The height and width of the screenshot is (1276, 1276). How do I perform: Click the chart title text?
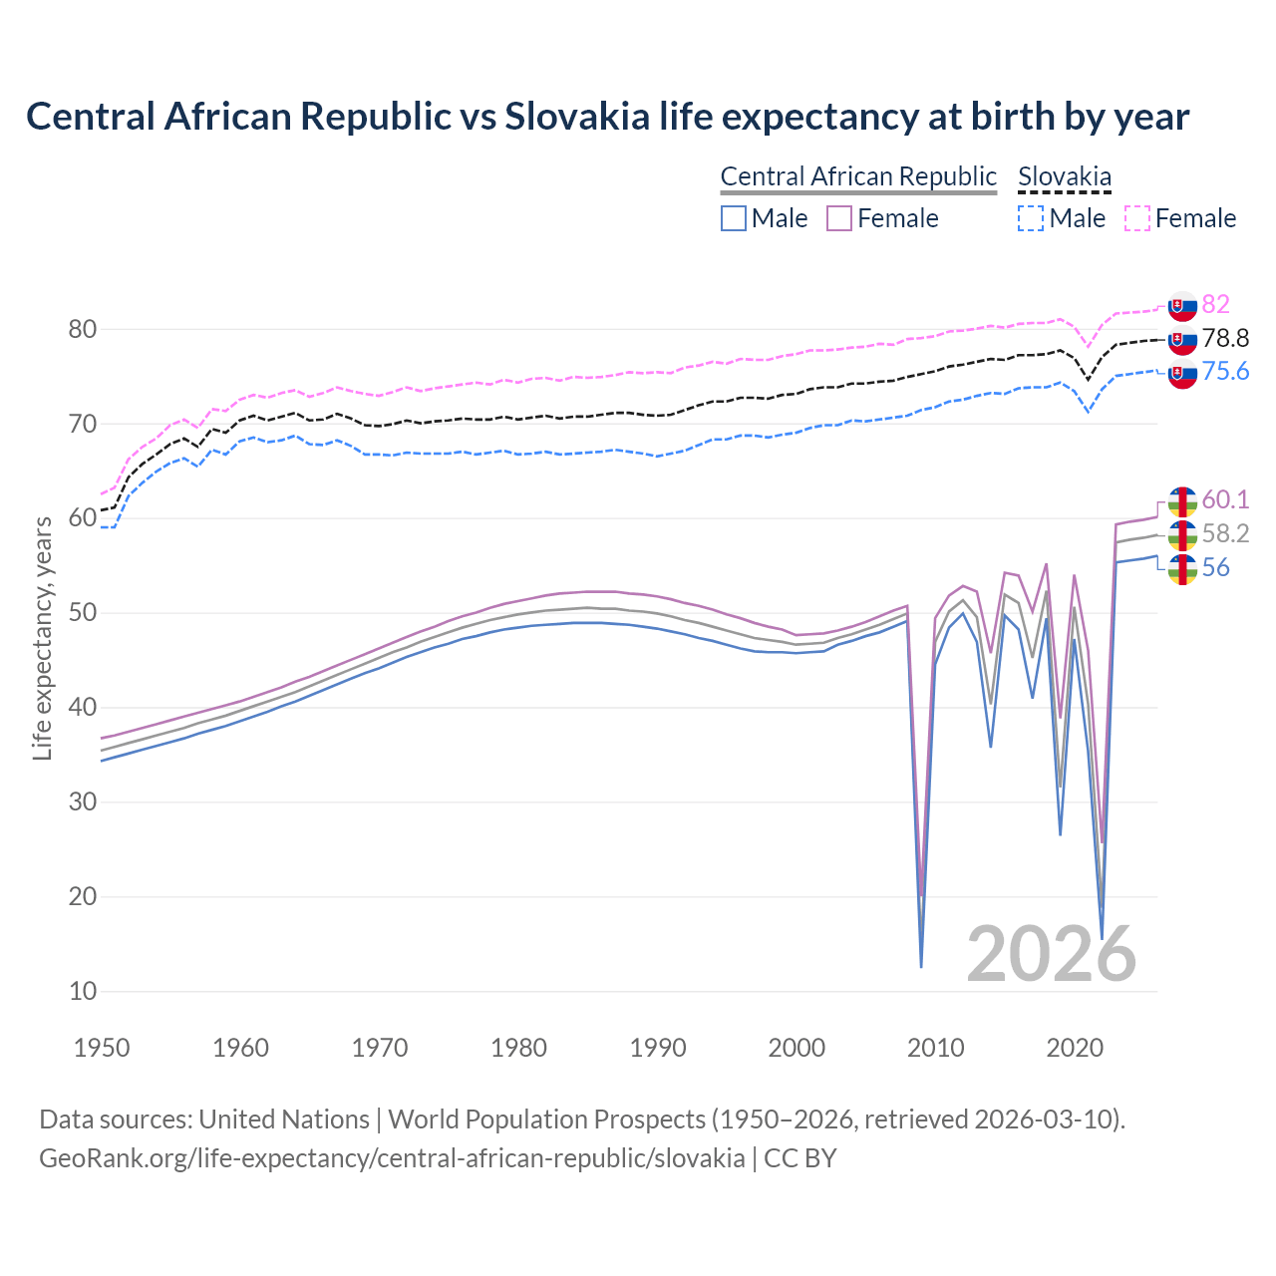click(x=607, y=117)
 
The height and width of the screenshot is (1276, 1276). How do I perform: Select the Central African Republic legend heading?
click(x=858, y=176)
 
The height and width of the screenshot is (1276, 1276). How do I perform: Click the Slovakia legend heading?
click(x=1064, y=177)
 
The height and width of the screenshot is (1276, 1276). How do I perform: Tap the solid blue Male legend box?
click(x=734, y=218)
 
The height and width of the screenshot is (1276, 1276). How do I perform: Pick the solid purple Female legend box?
click(x=839, y=218)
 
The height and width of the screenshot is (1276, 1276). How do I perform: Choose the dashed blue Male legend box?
click(x=1031, y=218)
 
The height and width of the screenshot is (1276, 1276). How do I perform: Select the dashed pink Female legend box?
click(x=1136, y=218)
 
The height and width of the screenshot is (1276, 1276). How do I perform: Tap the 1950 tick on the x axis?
click(x=102, y=1048)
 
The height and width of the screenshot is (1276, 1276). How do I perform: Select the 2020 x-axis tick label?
click(x=1075, y=1048)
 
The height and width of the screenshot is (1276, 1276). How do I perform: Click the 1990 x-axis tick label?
click(x=658, y=1048)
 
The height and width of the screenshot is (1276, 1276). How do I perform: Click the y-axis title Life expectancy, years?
click(x=42, y=638)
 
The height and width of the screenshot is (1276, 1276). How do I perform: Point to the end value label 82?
click(x=1215, y=304)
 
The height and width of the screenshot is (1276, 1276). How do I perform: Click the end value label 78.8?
click(x=1225, y=338)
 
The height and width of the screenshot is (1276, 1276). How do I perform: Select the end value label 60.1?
click(x=1225, y=499)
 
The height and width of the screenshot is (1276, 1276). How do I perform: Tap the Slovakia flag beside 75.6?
click(x=1182, y=374)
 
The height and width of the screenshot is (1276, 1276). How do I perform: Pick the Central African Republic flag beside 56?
click(x=1182, y=569)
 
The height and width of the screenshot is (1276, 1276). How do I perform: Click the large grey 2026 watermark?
click(x=1051, y=954)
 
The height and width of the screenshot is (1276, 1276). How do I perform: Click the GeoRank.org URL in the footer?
click(x=392, y=1157)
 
